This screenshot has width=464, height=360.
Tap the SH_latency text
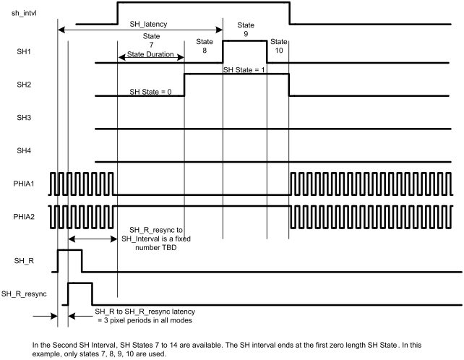pyautogui.click(x=148, y=24)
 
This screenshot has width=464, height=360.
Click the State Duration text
pyautogui.click(x=151, y=53)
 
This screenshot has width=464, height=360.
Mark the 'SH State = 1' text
pyautogui.click(x=244, y=70)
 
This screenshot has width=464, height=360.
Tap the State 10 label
pyautogui.click(x=278, y=47)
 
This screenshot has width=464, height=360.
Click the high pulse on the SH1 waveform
pyautogui.click(x=245, y=42)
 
